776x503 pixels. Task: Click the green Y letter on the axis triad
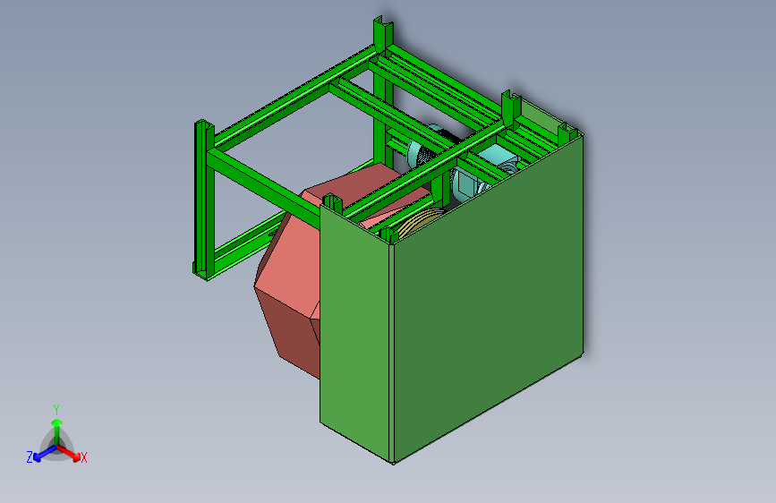55,409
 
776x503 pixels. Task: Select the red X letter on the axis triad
84,457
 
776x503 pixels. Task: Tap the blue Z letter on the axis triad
29,456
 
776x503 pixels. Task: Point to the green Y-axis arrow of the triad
56,426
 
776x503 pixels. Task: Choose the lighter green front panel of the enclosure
355,331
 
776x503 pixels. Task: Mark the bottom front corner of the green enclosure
393,460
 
